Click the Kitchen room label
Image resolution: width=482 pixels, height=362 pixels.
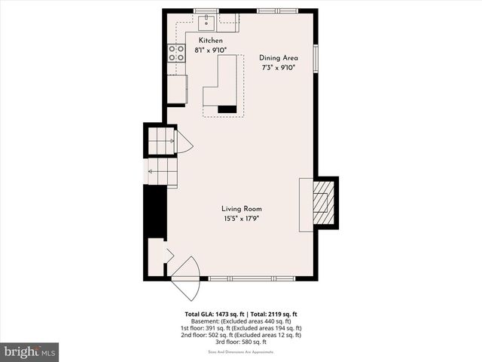(x=211, y=40)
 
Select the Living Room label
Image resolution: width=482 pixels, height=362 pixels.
(x=241, y=209)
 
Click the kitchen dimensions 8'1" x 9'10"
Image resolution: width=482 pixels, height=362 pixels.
(x=211, y=50)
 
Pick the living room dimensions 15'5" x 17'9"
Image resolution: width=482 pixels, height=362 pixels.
(x=241, y=219)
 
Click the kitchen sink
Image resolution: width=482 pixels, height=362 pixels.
(x=208, y=21)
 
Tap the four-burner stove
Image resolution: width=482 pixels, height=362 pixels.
(x=176, y=53)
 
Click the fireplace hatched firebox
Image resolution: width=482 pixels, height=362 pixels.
(x=324, y=201)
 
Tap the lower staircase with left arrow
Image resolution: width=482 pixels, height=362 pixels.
(x=162, y=173)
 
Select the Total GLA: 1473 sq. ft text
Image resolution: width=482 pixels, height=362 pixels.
(x=212, y=314)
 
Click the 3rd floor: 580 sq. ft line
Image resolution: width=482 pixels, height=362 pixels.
(x=241, y=343)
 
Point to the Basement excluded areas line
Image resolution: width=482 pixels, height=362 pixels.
(x=241, y=321)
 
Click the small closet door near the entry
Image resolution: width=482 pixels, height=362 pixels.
(x=169, y=256)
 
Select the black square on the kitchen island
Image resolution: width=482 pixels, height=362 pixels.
(x=227, y=109)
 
